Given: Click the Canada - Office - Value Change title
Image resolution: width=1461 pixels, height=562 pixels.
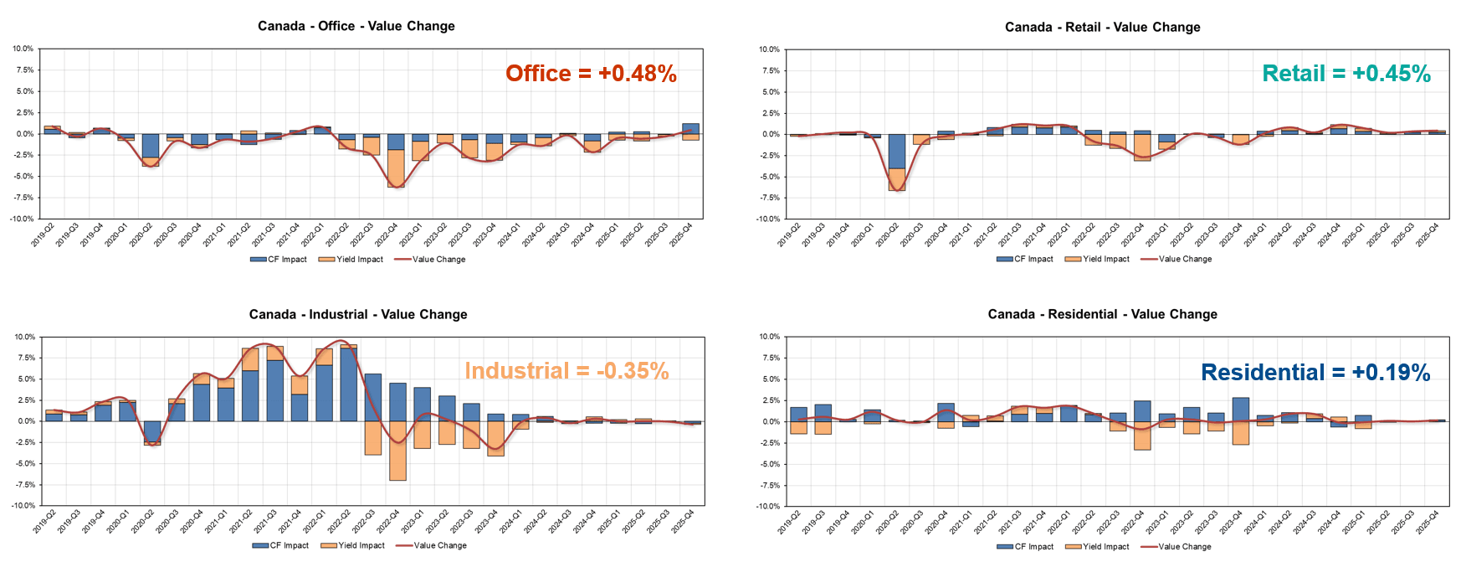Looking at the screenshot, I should [356, 26].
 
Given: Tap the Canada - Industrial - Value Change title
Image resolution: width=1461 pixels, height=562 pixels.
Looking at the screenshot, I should [357, 314].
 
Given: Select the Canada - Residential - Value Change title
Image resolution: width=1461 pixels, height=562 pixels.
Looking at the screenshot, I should [1102, 314].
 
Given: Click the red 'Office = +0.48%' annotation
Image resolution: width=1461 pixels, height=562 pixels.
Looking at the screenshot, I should [591, 74].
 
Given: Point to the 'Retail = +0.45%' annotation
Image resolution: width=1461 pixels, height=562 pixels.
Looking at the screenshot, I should [1346, 74].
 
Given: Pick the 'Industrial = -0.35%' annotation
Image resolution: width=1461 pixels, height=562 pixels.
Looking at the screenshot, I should [566, 371].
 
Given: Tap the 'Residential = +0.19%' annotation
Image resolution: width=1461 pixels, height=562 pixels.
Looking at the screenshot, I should [1315, 373].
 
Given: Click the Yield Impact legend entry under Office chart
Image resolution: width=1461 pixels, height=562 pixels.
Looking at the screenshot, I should [359, 260].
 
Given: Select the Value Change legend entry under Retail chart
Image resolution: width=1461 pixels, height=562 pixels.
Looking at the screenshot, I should [1184, 259].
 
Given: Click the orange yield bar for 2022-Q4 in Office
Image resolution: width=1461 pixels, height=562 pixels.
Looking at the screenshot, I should [396, 168].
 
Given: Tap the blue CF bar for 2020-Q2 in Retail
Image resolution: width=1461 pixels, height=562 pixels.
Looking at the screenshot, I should [896, 152].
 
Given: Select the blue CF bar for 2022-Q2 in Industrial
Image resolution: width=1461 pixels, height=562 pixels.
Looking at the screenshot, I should [348, 384].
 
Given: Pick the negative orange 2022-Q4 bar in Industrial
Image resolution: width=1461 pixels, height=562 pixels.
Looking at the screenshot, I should [397, 451].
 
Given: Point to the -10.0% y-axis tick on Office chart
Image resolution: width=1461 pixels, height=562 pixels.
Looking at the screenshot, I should [23, 219].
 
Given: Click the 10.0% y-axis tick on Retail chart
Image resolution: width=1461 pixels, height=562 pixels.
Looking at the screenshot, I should [769, 49].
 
